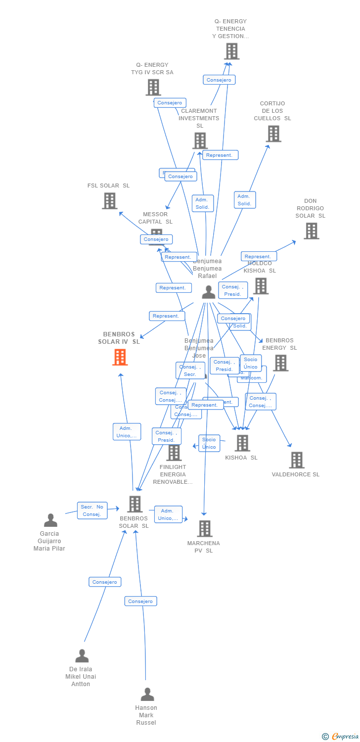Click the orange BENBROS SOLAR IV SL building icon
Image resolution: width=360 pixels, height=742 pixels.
pyautogui.click(x=120, y=357)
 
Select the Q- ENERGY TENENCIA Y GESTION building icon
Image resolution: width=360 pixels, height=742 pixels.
pyautogui.click(x=231, y=51)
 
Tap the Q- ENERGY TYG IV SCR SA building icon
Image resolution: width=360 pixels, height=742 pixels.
pyautogui.click(x=153, y=88)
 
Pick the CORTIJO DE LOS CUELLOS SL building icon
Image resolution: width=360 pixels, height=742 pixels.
pyautogui.click(x=273, y=134)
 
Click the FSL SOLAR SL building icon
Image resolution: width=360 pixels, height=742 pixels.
pyautogui.click(x=110, y=201)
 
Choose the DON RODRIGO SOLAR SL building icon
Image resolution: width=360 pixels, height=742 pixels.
pyautogui.click(x=311, y=231)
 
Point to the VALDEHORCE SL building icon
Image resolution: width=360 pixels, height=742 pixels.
pyautogui.click(x=297, y=460)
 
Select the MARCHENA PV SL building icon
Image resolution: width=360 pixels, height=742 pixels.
pyautogui.click(x=205, y=529)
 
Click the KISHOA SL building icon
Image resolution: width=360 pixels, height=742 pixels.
pyautogui.click(x=242, y=443)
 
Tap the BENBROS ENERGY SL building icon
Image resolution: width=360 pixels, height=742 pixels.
pyautogui.click(x=280, y=363)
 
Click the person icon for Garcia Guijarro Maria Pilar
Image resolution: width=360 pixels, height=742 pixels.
pyautogui.click(x=50, y=520)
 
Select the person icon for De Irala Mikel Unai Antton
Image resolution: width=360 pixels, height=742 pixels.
pyautogui.click(x=82, y=656)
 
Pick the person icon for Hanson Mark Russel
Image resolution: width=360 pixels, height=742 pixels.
pyautogui.click(x=147, y=695)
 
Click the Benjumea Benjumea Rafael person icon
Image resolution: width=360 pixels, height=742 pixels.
pyautogui.click(x=209, y=292)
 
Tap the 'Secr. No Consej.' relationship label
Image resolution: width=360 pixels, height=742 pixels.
pyautogui.click(x=92, y=510)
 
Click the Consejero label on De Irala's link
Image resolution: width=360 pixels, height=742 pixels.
pyautogui.click(x=105, y=582)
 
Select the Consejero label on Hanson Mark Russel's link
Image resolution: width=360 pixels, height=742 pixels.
pyautogui.click(x=140, y=601)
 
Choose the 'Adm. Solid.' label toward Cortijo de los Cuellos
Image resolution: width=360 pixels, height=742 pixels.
pyautogui.click(x=244, y=200)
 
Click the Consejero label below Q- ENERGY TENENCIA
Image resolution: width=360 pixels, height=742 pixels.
pyautogui.click(x=219, y=80)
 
